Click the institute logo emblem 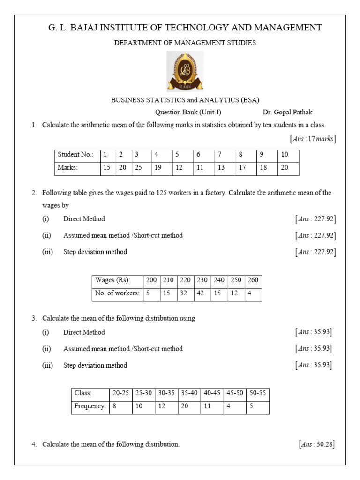point(186,71)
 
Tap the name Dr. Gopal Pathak point(287,112)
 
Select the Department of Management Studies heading point(185,43)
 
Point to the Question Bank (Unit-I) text point(188,112)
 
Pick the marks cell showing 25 point(137,168)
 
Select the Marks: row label point(67,168)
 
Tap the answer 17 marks point(313,139)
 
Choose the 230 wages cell point(202,280)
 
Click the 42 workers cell point(202,293)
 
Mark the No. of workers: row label point(117,293)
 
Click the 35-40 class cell point(189,393)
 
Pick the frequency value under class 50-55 point(251,406)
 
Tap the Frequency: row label point(90,406)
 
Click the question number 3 point(34,318)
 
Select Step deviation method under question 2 point(95,252)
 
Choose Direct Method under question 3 point(84,332)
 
